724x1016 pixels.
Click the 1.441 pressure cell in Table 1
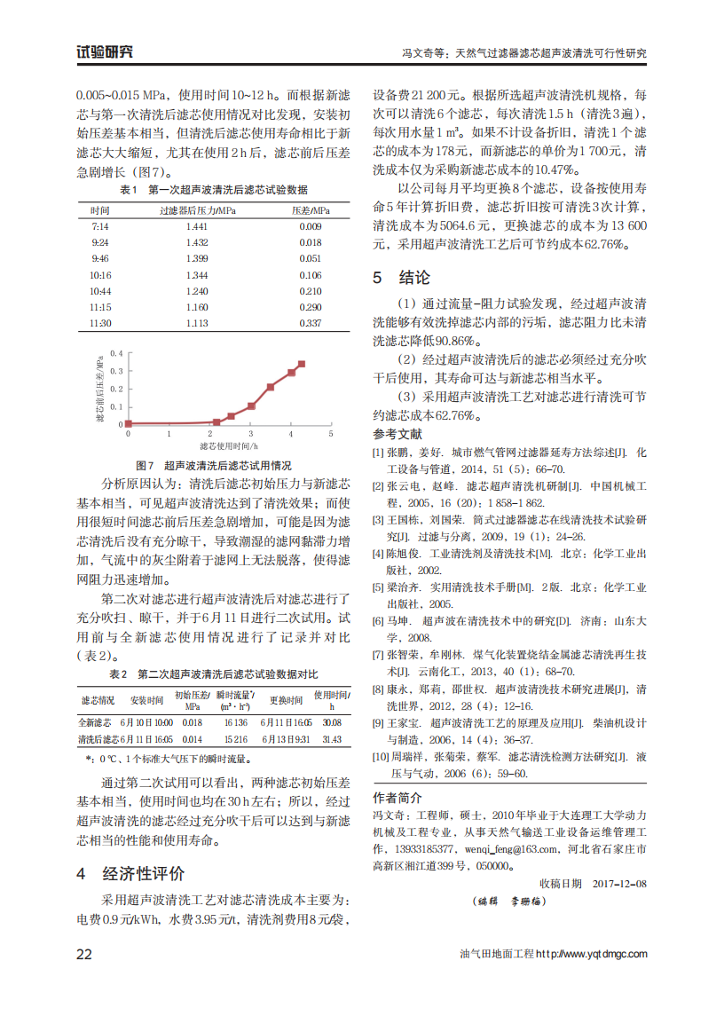197,227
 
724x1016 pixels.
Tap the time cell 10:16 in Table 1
100,275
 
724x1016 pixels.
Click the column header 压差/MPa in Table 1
311,210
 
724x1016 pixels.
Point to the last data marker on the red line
302,364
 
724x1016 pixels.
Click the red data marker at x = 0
129,423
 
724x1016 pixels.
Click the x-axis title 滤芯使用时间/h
228,446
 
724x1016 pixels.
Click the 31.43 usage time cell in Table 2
332,738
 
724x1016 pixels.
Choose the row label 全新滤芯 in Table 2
95,723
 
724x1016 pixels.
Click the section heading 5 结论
401,278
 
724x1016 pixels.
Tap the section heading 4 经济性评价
130,872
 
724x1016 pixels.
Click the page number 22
84,954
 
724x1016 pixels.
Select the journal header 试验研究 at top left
106,51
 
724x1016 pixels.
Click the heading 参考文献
397,435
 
